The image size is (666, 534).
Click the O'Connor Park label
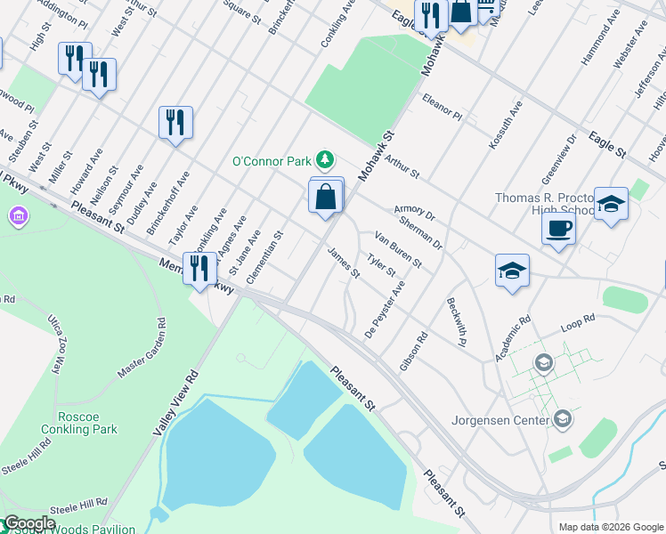pyautogui.click(x=271, y=161)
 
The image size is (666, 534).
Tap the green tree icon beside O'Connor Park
pyautogui.click(x=327, y=160)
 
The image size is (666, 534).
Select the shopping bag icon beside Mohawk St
pyautogui.click(x=327, y=197)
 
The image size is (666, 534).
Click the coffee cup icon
pyautogui.click(x=558, y=228)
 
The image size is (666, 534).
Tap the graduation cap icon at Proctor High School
pyautogui.click(x=611, y=206)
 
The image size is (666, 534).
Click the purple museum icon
pyautogui.click(x=18, y=216)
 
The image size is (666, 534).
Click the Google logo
pyautogui.click(x=30, y=523)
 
